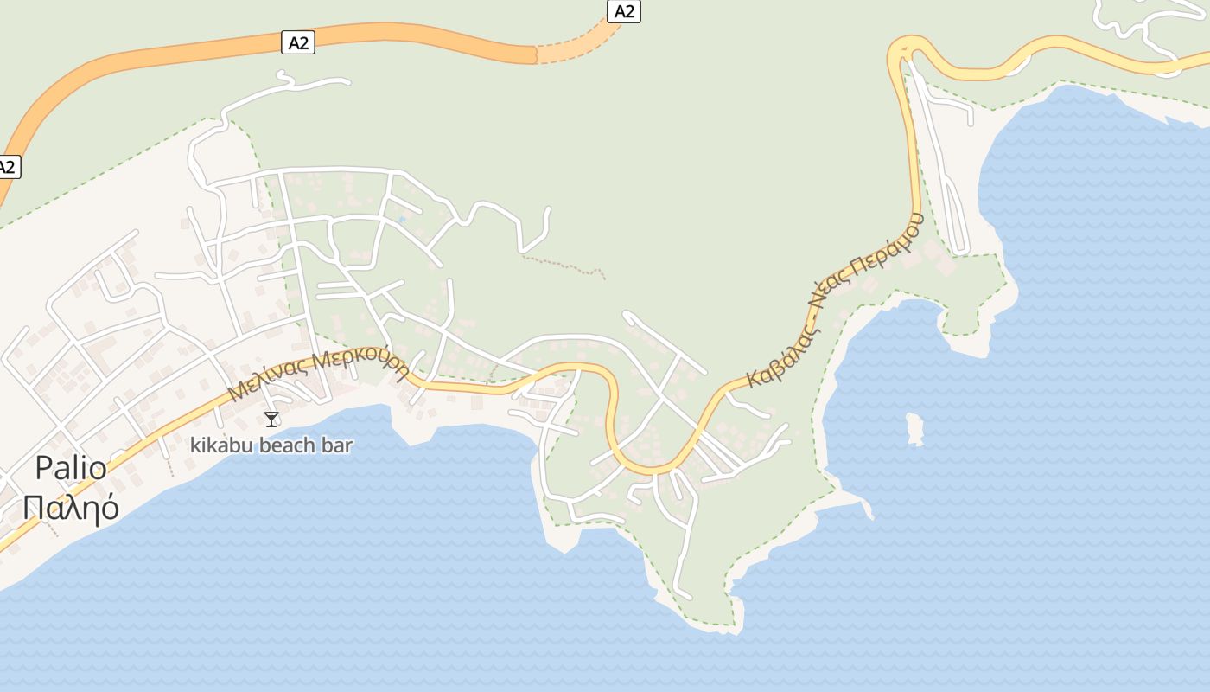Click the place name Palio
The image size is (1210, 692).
pos(71,469)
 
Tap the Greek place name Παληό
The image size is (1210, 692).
pos(71,508)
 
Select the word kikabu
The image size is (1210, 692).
pos(217,445)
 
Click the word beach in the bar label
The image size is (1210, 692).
pos(288,445)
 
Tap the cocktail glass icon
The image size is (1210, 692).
pos(271,420)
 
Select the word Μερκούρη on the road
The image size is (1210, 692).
pos(361,362)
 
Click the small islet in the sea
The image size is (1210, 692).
pos(914,428)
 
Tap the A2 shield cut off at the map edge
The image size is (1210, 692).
pos(7,167)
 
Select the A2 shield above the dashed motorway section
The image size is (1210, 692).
pos(624,10)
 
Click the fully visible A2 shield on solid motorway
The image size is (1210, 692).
pos(298,42)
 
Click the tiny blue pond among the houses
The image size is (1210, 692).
pos(401,220)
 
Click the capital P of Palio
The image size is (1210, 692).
pos(43,469)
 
